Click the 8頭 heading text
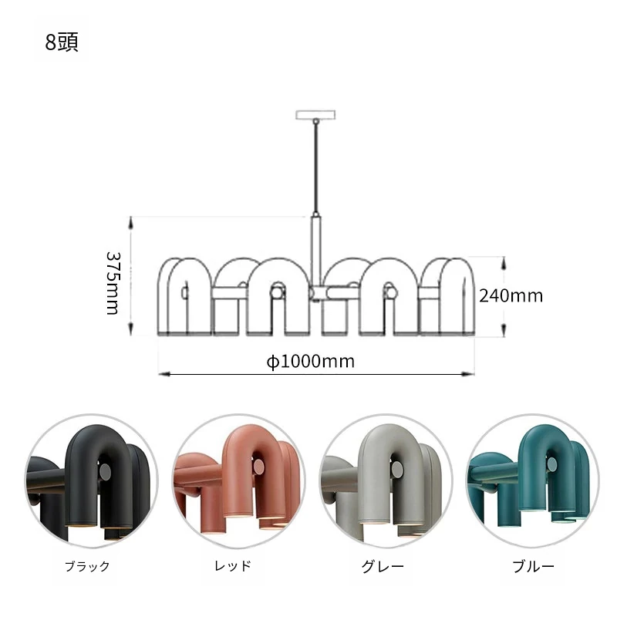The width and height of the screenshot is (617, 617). click(x=62, y=42)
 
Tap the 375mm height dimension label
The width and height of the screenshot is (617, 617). click(x=113, y=283)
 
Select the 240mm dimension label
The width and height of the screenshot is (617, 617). click(x=511, y=296)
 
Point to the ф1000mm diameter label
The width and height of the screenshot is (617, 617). click(x=311, y=361)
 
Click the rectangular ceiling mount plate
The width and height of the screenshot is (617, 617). click(x=315, y=114)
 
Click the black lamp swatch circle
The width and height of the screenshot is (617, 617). click(x=92, y=480)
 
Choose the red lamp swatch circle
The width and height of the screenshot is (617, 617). click(x=238, y=480)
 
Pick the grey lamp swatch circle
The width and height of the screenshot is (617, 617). click(x=386, y=480)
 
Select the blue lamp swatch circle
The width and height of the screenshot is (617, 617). click(x=533, y=480)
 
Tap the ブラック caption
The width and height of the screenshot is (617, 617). click(x=87, y=567)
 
